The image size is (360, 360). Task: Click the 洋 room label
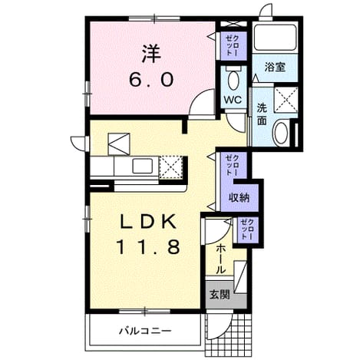pyautogui.click(x=151, y=54)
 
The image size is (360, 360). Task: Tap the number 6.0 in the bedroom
pyautogui.click(x=151, y=80)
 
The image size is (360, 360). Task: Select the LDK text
pyautogui.click(x=148, y=221)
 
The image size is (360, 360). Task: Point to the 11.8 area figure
pyautogui.click(x=148, y=247)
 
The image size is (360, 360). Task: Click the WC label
pyautogui.click(x=233, y=100)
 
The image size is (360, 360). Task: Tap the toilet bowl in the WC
pyautogui.click(x=233, y=79)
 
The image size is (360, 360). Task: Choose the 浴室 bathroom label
pyautogui.click(x=275, y=67)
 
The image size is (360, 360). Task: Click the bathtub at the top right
pyautogui.click(x=276, y=38)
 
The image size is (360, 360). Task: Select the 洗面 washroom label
pyautogui.click(x=262, y=114)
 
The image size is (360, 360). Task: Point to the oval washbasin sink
pyautogui.click(x=281, y=133)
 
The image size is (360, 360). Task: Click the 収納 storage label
pyautogui.click(x=239, y=197)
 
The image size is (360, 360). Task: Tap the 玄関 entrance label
pyautogui.click(x=220, y=295)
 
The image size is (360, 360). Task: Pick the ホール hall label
pyautogui.click(x=221, y=259)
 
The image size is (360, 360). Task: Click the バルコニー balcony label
pyautogui.click(x=145, y=332)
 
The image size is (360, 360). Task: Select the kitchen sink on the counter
pyautogui.click(x=143, y=166)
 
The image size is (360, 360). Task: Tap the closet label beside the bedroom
pyautogui.click(x=232, y=45)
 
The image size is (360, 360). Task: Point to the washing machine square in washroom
pyautogui.click(x=286, y=100)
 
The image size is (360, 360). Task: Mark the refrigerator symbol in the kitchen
pyautogui.click(x=119, y=144)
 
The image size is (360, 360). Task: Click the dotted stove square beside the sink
pyautogui.click(x=171, y=167)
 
